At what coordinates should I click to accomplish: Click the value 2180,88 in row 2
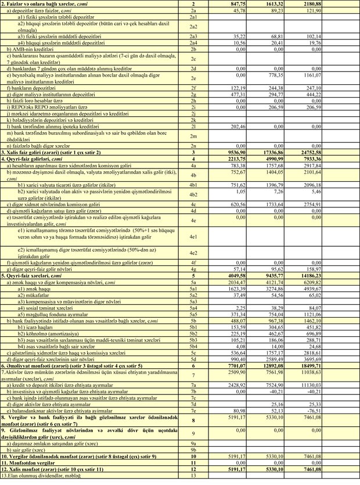tap(341, 4)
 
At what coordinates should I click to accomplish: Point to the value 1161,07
tap(341, 76)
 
